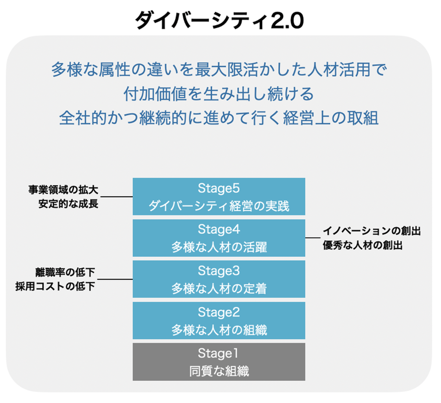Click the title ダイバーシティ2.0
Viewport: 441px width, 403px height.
(x=219, y=21)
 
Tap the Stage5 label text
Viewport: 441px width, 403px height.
(x=219, y=188)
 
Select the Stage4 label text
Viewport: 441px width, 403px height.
(x=219, y=229)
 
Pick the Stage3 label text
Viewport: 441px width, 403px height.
(x=219, y=271)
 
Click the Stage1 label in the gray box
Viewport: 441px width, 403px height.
(x=218, y=353)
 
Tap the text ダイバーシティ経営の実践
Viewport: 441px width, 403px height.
(x=219, y=206)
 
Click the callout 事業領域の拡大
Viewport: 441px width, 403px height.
(x=63, y=190)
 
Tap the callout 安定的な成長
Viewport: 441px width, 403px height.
(x=68, y=204)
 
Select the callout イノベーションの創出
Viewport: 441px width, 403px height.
(x=371, y=231)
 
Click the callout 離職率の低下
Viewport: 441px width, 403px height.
(x=65, y=272)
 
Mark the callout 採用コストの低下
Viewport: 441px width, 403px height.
(x=55, y=286)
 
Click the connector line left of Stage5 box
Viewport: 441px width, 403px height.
(x=116, y=197)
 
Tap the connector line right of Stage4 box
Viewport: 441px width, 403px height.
(x=313, y=238)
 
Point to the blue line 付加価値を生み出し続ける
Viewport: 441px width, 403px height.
(x=219, y=94)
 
